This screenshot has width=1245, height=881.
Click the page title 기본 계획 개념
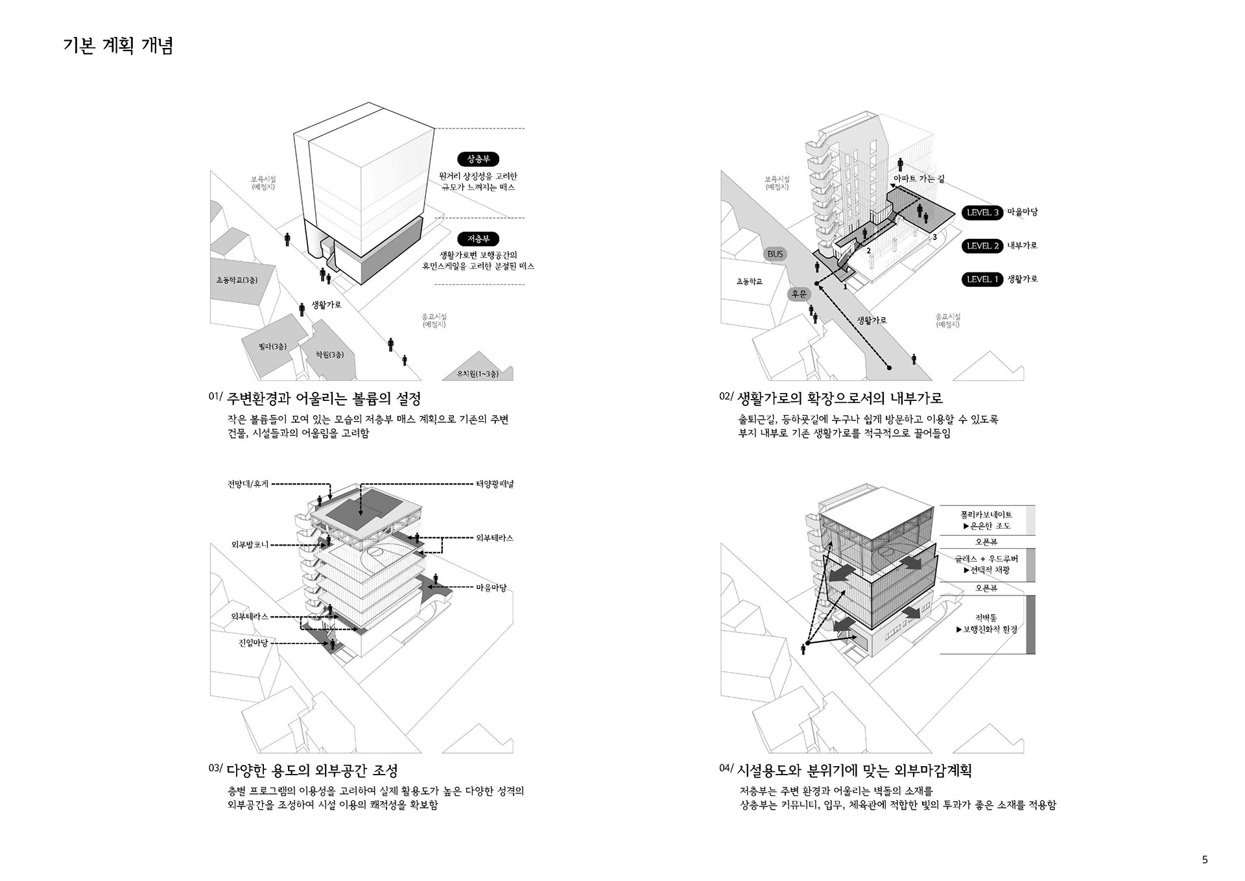(118, 46)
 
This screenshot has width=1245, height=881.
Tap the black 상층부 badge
(479, 159)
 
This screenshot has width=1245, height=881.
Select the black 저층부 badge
(479, 239)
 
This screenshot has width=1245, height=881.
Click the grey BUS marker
(776, 254)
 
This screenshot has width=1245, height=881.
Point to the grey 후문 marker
(799, 294)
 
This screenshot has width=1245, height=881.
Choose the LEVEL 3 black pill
(982, 212)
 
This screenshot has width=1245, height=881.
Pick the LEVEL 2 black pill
(982, 246)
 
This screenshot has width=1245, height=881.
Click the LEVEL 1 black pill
(982, 280)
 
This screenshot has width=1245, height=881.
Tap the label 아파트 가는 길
(919, 178)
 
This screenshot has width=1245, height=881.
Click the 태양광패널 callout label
(495, 484)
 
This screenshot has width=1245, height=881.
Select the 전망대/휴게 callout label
(248, 484)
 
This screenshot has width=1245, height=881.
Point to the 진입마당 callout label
(253, 643)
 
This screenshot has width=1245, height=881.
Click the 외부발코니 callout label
(250, 545)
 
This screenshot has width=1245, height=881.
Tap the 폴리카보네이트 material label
(986, 514)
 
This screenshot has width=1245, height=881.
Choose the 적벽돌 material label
(986, 618)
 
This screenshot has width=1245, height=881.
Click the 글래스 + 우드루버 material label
(986, 559)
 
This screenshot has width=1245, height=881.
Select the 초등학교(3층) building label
(237, 280)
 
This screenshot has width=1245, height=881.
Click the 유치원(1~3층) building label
(478, 374)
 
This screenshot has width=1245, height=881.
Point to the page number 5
(1205, 860)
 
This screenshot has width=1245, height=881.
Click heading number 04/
(726, 769)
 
